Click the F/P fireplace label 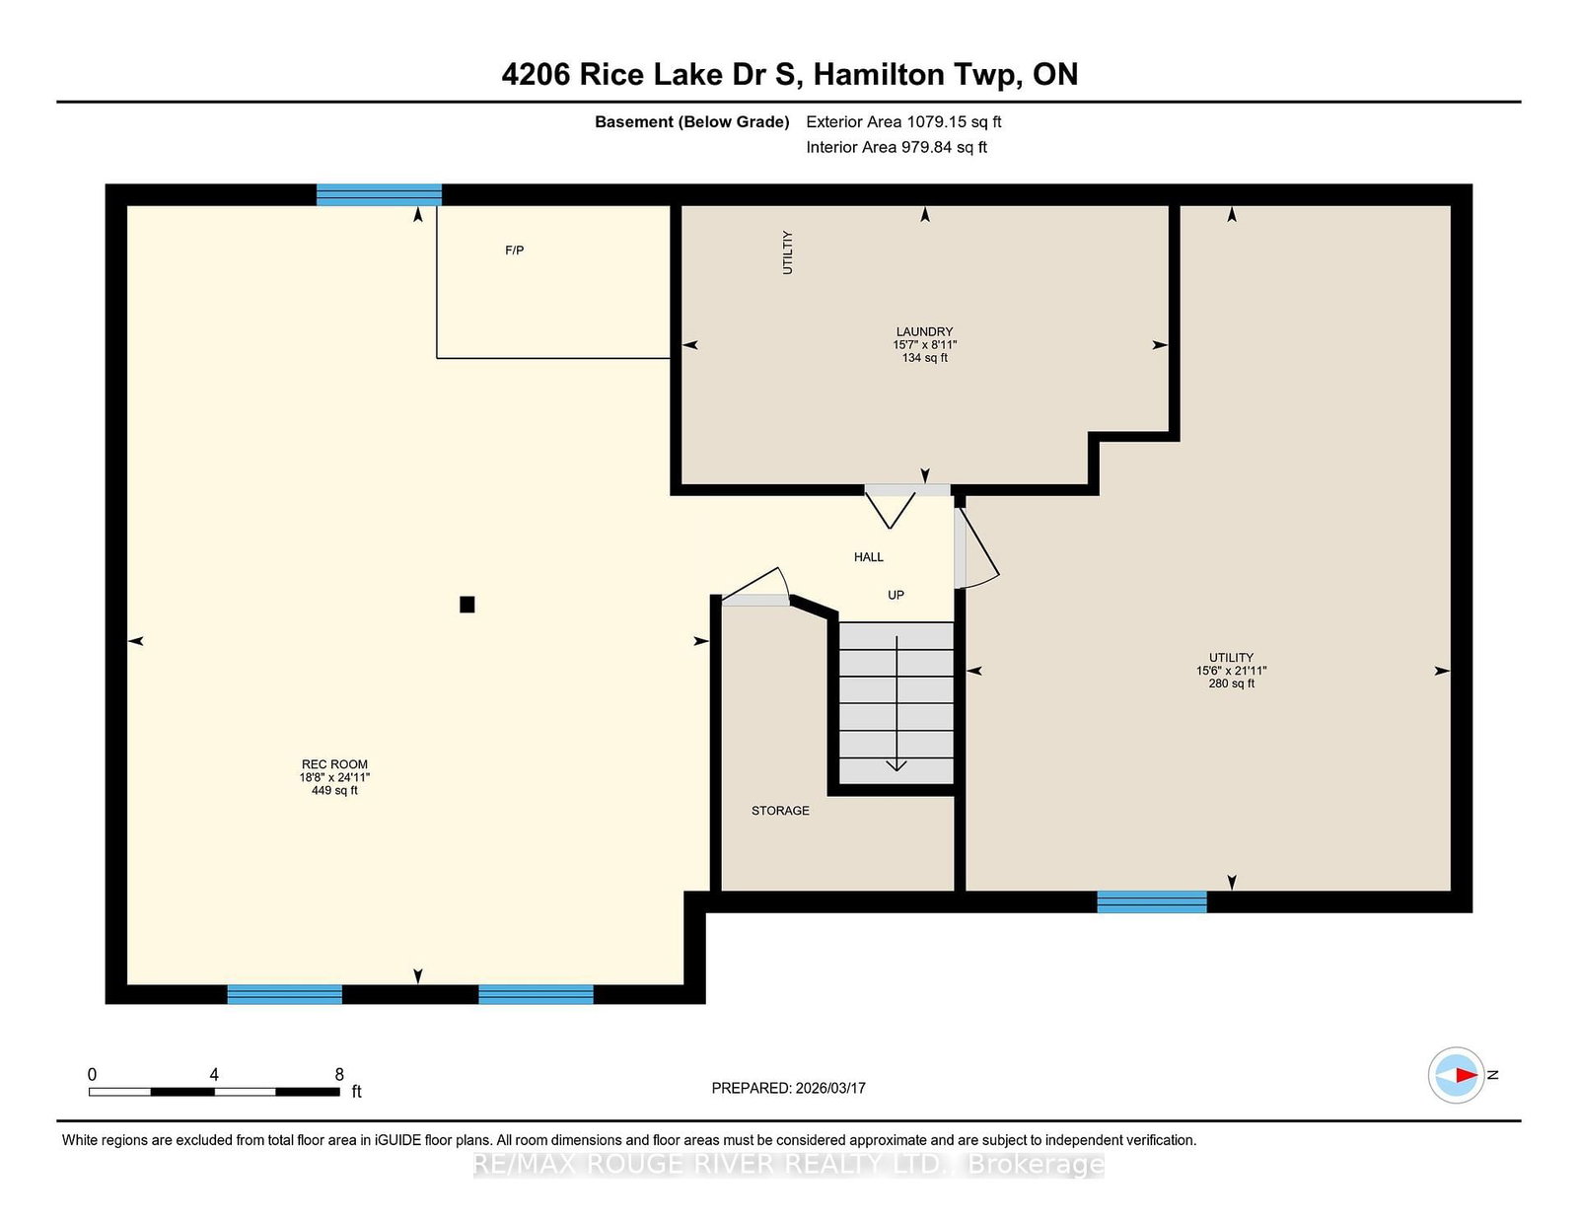coord(514,251)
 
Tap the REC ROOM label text coord(334,764)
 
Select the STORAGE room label coord(780,811)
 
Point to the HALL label coord(869,557)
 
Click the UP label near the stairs coord(896,595)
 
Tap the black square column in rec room coord(466,605)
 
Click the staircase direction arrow coord(897,703)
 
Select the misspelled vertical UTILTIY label coord(788,252)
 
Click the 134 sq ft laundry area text coord(924,358)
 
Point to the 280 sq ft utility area coord(1231,683)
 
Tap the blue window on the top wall coord(379,194)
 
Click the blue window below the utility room coord(1152,901)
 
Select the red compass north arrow coord(1467,1075)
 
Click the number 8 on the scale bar coord(339,1074)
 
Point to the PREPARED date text coord(789,1088)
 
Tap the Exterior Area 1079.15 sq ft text coord(903,122)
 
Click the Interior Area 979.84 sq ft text coord(897,147)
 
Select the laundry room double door coord(907,505)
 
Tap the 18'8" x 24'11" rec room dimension coord(334,777)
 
